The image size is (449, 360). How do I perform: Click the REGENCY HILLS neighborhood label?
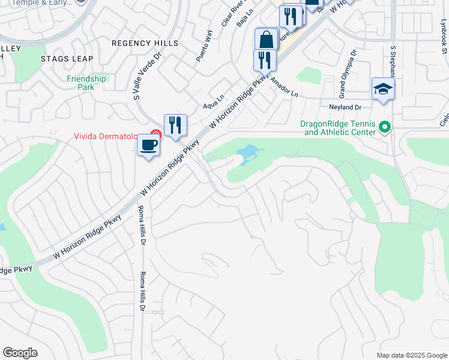coord(145,43)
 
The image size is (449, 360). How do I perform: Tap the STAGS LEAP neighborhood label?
coord(67,59)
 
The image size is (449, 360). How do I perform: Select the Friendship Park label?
coord(86,83)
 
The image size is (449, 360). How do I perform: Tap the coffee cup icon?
coord(148,145)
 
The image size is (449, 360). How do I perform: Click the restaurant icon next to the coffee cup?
coord(175,125)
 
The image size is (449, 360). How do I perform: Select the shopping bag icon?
coord(266,40)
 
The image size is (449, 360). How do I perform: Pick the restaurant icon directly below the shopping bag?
coord(264,60)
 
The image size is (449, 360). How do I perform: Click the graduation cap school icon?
coord(383,89)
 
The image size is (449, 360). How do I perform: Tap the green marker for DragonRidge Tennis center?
coord(385,127)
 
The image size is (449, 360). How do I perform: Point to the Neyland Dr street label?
coord(345,107)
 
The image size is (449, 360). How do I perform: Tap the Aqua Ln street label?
coord(213,101)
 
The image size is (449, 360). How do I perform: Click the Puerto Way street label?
coord(204,46)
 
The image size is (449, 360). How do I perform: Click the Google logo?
coord(20,353)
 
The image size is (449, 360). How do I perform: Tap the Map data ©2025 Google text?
coord(411,355)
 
